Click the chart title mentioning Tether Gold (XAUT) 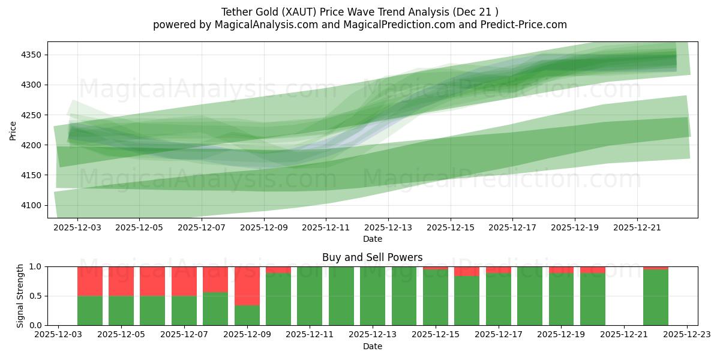[x=359, y=11]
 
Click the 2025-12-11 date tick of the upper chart [x=326, y=228]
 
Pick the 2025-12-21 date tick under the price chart [x=637, y=228]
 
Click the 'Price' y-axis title [x=13, y=130]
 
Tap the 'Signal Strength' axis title [x=20, y=296]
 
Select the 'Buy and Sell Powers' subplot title [x=372, y=257]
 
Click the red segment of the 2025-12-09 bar [x=247, y=286]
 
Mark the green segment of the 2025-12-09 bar [x=247, y=316]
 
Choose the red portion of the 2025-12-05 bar [x=121, y=281]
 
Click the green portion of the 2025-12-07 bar [x=184, y=311]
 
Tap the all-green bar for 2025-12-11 [x=310, y=296]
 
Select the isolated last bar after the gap [x=656, y=297]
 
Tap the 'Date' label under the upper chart [x=372, y=239]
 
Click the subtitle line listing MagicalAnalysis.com [x=359, y=25]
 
